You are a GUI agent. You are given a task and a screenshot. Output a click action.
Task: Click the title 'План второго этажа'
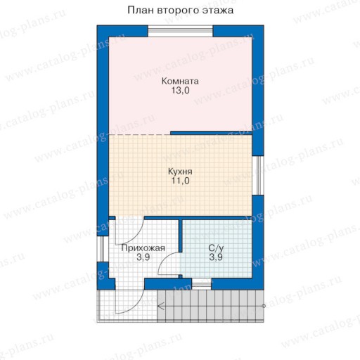(180, 11)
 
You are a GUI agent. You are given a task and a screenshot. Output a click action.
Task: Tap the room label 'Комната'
(180, 81)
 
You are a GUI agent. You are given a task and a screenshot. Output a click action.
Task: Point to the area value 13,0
(180, 90)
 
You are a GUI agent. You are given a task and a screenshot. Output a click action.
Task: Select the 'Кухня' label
(180, 172)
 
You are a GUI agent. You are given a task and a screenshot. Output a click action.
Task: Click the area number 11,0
(180, 181)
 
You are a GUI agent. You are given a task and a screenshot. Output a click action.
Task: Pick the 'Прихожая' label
(143, 248)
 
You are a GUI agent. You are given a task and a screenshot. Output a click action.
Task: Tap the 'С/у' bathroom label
(216, 247)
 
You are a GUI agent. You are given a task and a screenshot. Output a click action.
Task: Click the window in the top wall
(181, 31)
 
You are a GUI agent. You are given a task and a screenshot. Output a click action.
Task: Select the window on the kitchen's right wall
(258, 175)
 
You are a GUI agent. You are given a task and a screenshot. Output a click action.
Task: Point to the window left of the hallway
(103, 249)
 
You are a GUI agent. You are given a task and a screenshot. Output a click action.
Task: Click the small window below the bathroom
(202, 285)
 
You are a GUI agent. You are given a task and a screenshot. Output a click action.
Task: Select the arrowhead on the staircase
(161, 306)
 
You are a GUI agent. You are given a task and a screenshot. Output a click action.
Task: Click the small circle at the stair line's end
(264, 306)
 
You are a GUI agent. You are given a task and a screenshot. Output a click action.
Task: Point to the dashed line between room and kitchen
(140, 135)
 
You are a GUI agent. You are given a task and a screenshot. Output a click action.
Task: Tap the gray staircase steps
(210, 305)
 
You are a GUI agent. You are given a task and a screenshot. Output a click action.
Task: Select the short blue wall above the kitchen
(211, 133)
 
